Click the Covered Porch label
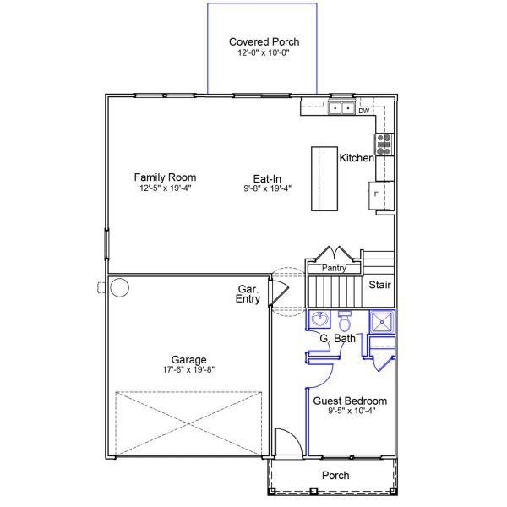[264, 41]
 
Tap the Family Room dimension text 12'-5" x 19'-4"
[166, 188]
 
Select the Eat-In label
[267, 178]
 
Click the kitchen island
[324, 179]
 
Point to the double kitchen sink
[341, 108]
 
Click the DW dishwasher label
[363, 111]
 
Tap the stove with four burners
[384, 144]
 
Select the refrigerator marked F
[381, 195]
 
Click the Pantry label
[334, 268]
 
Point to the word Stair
[379, 285]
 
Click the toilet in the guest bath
[345, 321]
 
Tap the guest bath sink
[319, 319]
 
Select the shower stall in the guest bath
[382, 322]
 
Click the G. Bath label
[337, 338]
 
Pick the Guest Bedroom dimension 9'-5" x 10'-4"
[352, 411]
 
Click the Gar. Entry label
[248, 294]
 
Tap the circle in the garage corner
[120, 287]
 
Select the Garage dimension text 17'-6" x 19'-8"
[188, 369]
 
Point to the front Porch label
[335, 475]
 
